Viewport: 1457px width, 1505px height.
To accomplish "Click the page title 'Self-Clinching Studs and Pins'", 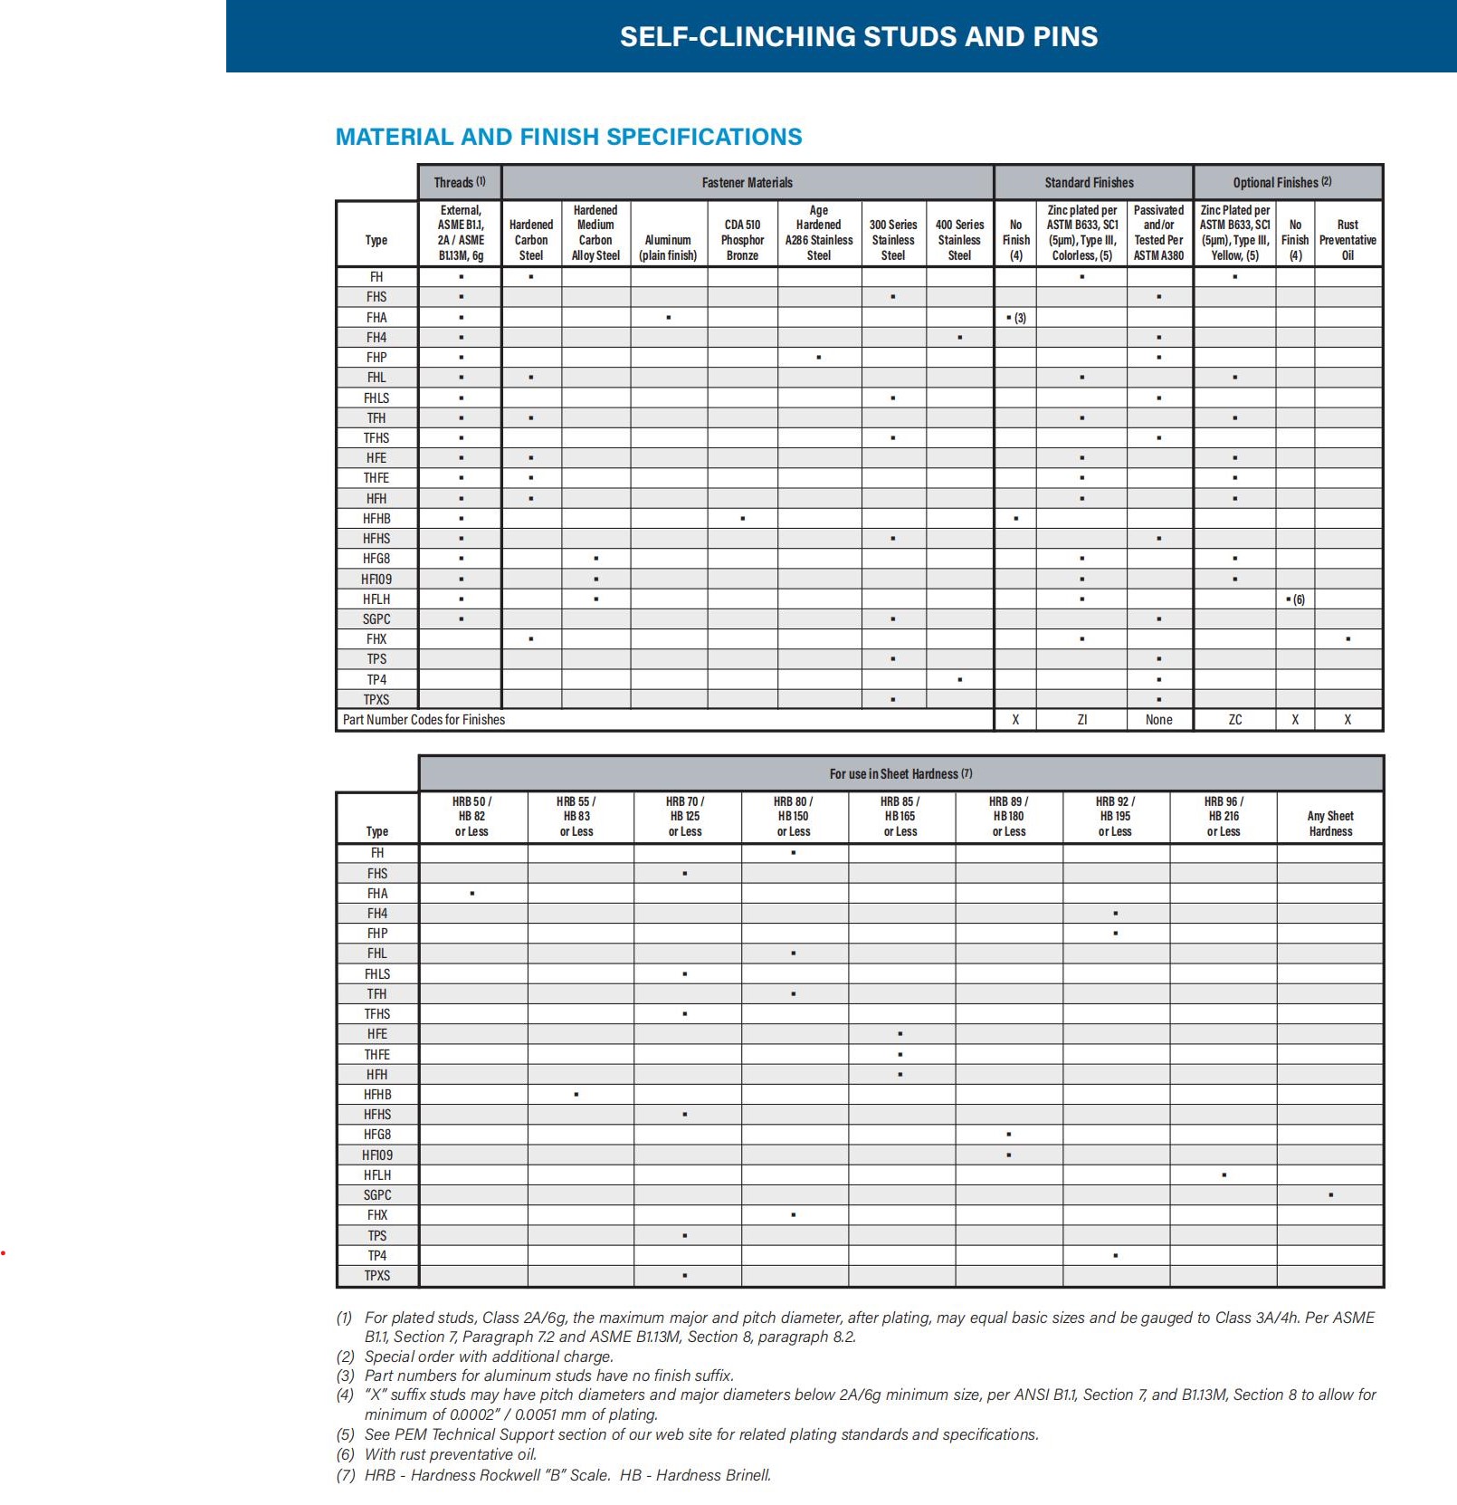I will (x=858, y=36).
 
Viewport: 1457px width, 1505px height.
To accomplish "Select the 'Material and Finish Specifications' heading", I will (x=568, y=137).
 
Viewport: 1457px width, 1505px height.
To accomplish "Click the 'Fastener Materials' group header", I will (x=747, y=182).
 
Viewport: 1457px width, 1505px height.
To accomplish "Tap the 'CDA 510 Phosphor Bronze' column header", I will (x=742, y=240).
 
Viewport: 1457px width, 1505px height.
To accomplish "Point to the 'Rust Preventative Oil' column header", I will (x=1347, y=240).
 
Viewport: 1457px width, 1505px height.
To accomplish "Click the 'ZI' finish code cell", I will (x=1081, y=720).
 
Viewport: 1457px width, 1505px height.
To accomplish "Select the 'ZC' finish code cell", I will (x=1234, y=720).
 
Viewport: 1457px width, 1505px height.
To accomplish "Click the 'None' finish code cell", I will (x=1158, y=720).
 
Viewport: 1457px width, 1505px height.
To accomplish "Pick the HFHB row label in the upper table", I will (x=376, y=519).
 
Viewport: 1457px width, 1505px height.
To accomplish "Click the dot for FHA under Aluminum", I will (x=668, y=318).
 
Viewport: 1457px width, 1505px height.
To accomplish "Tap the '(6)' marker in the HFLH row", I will (x=1299, y=599).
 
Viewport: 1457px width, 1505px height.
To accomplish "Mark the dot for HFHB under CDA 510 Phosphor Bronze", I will (x=742, y=519).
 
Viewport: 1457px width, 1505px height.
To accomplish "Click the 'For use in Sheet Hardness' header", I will (x=900, y=774).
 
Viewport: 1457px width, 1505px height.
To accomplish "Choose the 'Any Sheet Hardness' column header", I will (x=1330, y=823).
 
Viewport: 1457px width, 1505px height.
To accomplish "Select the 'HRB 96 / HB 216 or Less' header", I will (x=1224, y=816).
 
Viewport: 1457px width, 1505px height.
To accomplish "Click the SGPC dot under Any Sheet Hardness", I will (x=1330, y=1195).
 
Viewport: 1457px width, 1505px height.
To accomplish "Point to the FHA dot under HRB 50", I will (x=471, y=894).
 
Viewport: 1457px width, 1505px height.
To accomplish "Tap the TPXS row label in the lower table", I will (x=377, y=1276).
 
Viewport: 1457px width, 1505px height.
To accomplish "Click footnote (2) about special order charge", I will (x=489, y=1356).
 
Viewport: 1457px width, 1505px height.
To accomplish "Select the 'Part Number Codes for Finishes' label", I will (x=424, y=720).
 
